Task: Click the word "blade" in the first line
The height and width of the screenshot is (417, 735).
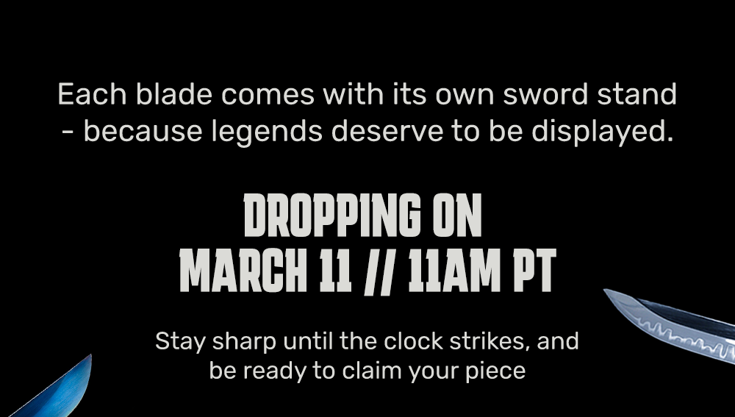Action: pos(174,94)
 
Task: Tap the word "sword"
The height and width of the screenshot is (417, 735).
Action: pos(545,94)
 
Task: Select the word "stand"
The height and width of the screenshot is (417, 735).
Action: pos(637,94)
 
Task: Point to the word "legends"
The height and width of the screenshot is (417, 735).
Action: pos(267,132)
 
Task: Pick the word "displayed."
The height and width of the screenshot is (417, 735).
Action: pos(603,132)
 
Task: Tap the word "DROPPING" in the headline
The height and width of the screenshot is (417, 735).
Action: pos(332,215)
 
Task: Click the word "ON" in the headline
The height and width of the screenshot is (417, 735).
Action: pos(457,215)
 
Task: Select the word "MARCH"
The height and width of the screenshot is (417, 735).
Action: pos(243,271)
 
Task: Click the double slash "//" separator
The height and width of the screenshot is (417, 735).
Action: pos(378,271)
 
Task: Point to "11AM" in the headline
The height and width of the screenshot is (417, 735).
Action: pos(455,271)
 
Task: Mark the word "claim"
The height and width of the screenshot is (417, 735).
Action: pos(372,371)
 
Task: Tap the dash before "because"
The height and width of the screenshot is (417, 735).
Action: pos(68,132)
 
